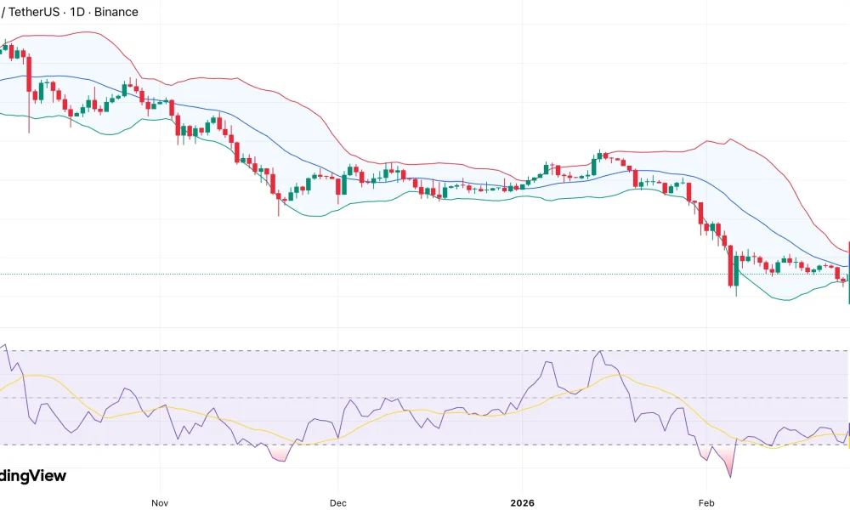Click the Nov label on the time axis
pyautogui.click(x=159, y=502)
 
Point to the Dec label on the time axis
pyautogui.click(x=337, y=502)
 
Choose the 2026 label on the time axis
pyautogui.click(x=521, y=502)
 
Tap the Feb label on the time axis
pyautogui.click(x=705, y=502)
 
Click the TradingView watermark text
pyautogui.click(x=32, y=476)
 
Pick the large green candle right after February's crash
pyautogui.click(x=736, y=272)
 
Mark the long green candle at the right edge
pyautogui.click(x=849, y=272)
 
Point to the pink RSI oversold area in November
pyautogui.click(x=279, y=454)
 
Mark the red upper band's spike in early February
pyautogui.click(x=728, y=140)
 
